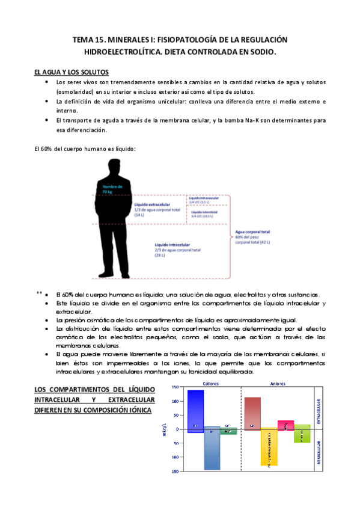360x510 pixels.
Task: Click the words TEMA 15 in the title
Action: click(90, 40)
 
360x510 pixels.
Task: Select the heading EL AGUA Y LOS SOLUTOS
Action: click(72, 72)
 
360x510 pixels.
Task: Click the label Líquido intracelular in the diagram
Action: click(172, 245)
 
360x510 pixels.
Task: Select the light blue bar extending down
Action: click(212, 448)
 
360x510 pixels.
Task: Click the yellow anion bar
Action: click(269, 447)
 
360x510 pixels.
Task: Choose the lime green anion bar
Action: click(302, 434)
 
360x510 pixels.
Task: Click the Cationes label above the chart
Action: click(211, 383)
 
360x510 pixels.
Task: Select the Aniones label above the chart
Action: click(276, 383)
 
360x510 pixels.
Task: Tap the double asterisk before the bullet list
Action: click(39, 293)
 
